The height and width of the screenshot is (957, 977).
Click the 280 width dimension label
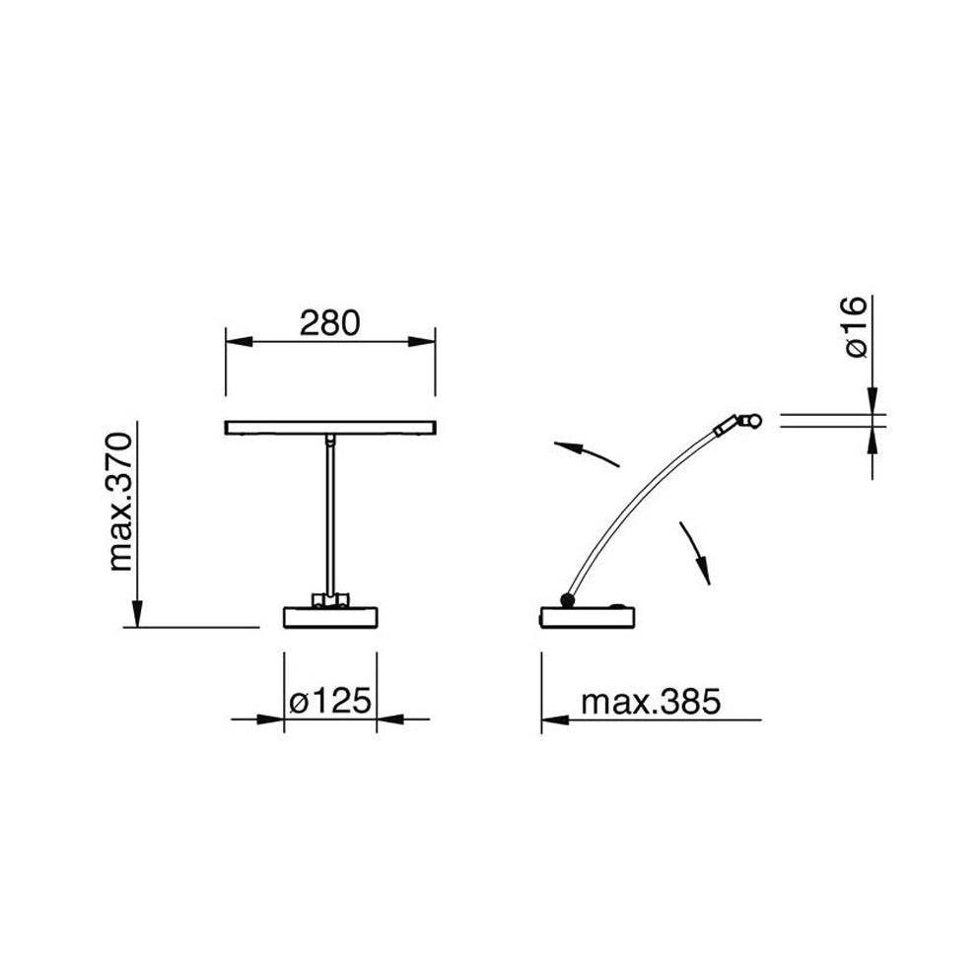click(329, 323)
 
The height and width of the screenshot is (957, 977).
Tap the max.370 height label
click(121, 503)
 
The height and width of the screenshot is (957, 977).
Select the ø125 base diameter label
click(330, 701)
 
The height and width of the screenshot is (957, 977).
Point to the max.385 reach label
click(651, 702)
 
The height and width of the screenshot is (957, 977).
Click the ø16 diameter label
click(856, 327)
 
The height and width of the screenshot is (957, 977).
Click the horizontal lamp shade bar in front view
click(330, 428)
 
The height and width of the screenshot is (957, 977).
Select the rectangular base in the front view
click(330, 617)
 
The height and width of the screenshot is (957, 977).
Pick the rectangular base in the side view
click(588, 617)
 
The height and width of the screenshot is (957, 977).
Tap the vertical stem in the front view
click(330, 515)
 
